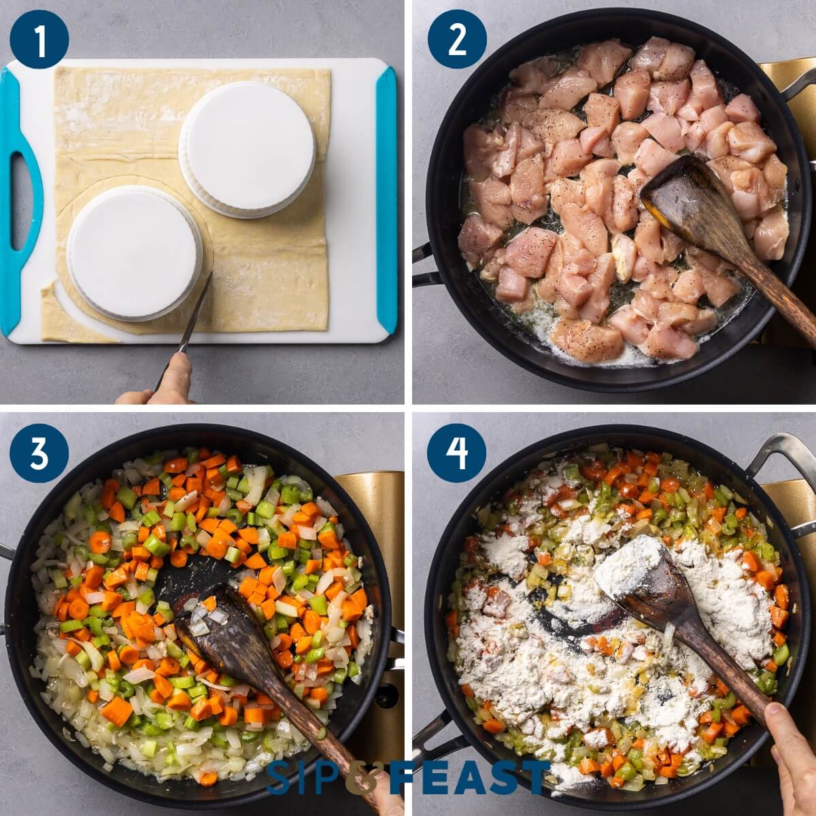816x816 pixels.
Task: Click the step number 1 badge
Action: pos(39,39)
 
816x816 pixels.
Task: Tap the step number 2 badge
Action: pos(456,39)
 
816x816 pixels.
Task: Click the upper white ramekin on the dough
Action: pos(247,149)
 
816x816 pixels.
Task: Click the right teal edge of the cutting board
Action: pos(386,197)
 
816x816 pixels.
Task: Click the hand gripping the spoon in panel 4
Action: pos(792,755)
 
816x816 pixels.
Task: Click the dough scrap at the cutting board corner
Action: pos(65,320)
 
